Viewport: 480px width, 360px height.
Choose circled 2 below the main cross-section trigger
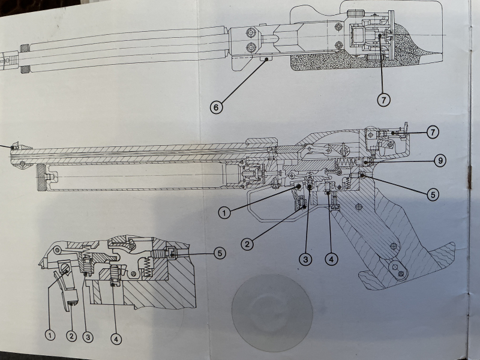pos(247,244)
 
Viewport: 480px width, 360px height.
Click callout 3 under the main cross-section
pos(306,259)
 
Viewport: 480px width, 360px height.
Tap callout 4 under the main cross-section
pos(330,259)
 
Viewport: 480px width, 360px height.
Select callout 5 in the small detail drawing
pos(219,253)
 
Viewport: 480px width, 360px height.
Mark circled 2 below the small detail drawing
pos(71,337)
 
